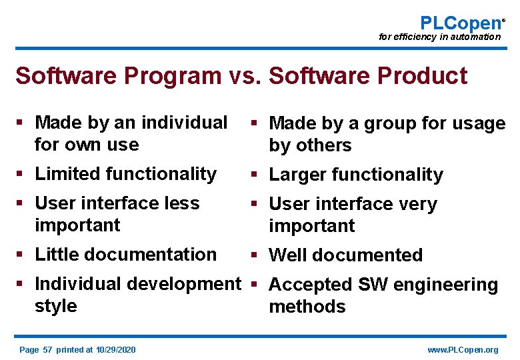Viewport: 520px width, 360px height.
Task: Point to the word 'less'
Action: coord(181,203)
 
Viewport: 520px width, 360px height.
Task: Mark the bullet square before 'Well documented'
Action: coord(256,255)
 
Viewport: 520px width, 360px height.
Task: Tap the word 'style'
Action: coord(55,306)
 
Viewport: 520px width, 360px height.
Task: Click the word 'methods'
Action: coord(307,307)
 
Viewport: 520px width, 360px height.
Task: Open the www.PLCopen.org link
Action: coord(463,350)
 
